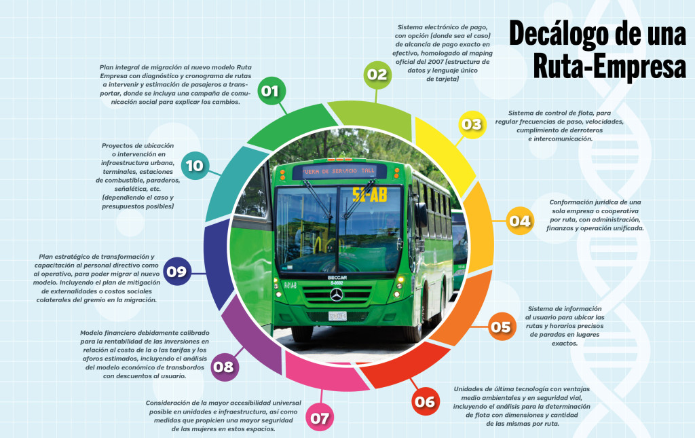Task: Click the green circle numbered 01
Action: [x=271, y=90]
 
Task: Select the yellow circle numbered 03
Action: [x=471, y=124]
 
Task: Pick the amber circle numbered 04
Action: [x=520, y=221]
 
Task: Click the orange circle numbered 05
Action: [x=500, y=327]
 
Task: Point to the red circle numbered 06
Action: [x=425, y=402]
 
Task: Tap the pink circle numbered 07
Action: [x=319, y=418]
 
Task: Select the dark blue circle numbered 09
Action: [x=176, y=272]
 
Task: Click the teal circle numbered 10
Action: [x=194, y=165]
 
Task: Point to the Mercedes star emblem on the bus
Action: [x=337, y=295]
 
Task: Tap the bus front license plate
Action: [x=337, y=316]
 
